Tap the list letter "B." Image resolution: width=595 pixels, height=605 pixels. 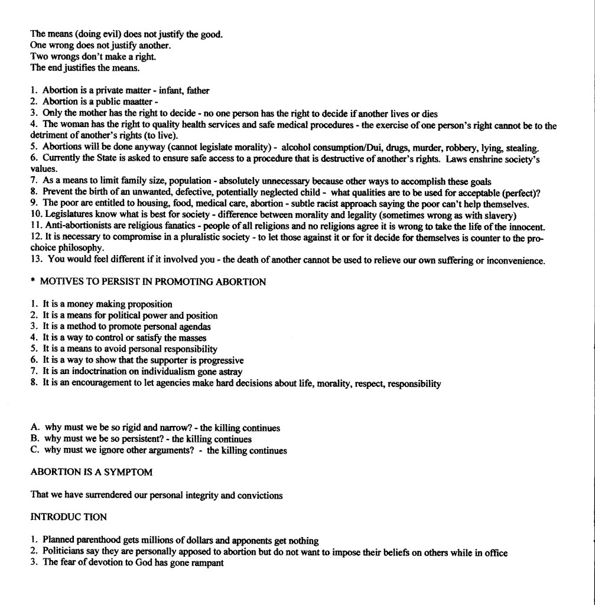coord(35,440)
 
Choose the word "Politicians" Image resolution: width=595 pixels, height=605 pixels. coord(64,552)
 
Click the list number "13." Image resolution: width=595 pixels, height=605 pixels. coord(36,261)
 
